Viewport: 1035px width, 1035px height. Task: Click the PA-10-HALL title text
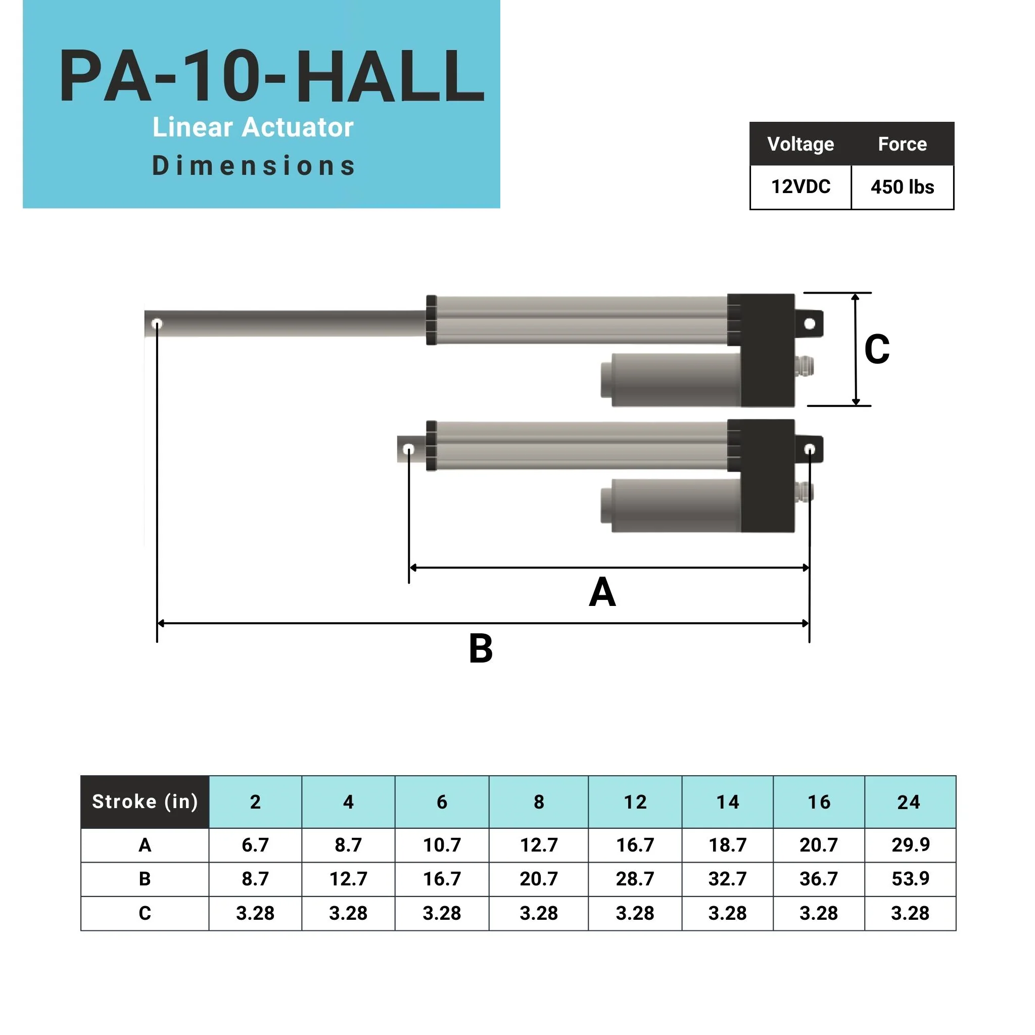pos(271,76)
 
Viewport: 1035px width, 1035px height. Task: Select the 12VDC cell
pos(801,186)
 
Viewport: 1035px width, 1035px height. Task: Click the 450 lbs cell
pos(902,187)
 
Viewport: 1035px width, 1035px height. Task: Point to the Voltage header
pos(801,144)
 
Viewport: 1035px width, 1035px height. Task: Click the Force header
pos(902,144)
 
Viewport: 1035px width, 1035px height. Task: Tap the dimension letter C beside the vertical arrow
pos(876,349)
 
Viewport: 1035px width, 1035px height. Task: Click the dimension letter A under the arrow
pos(602,592)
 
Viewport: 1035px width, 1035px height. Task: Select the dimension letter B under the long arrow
pos(481,648)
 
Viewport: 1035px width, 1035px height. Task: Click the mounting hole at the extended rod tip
pos(157,323)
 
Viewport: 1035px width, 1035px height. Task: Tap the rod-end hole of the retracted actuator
pos(408,449)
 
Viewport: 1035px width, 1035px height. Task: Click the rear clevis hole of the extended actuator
pos(810,323)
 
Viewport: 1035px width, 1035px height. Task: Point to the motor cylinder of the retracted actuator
pos(675,505)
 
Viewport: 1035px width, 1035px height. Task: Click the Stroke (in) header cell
pos(145,802)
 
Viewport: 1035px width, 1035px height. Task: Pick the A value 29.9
pos(910,845)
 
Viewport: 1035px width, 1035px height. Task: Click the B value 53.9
pos(910,878)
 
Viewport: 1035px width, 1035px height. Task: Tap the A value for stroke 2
pos(255,845)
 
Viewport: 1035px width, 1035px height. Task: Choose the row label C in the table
pos(145,913)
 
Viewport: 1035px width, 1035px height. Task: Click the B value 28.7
pos(635,878)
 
